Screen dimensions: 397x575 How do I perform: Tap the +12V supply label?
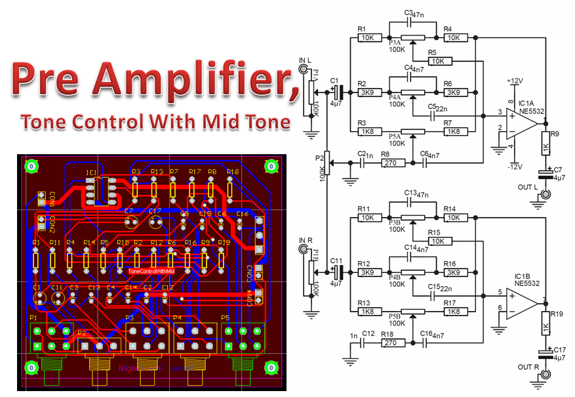click(x=513, y=81)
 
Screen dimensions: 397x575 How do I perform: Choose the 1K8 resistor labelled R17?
click(x=452, y=312)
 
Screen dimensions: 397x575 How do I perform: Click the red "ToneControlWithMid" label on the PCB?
click(x=151, y=271)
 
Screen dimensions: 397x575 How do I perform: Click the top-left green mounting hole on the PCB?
click(x=30, y=167)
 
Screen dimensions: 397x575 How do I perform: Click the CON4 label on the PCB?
click(x=250, y=299)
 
